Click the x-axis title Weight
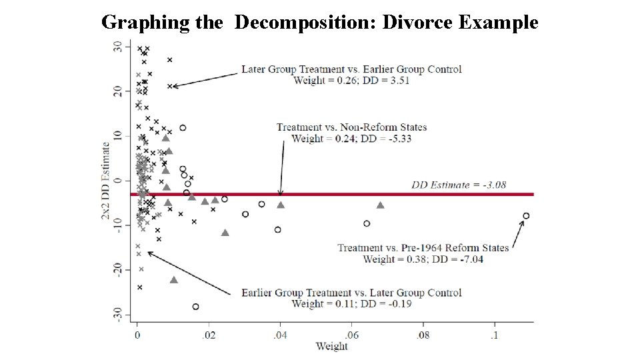(x=331, y=346)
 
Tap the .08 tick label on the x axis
(x=423, y=335)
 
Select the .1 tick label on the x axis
(x=494, y=335)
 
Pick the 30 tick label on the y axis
(x=118, y=47)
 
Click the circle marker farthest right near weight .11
(x=526, y=216)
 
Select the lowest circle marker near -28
(x=195, y=307)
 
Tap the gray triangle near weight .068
(x=380, y=205)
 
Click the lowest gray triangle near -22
(x=174, y=280)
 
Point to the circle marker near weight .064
(x=367, y=223)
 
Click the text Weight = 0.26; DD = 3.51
(x=351, y=81)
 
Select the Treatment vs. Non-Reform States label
(x=351, y=127)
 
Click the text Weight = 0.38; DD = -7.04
(x=423, y=259)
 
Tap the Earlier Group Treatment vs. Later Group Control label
(x=351, y=293)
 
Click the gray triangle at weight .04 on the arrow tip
(x=281, y=205)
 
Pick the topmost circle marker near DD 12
(x=183, y=128)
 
